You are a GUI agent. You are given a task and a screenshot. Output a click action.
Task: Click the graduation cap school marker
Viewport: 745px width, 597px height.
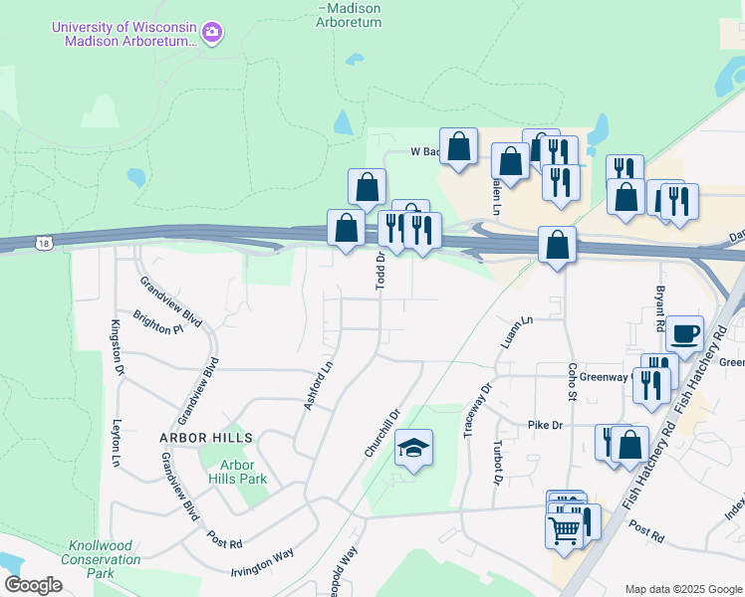click(414, 448)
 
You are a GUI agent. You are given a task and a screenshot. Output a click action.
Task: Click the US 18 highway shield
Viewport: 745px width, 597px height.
click(43, 242)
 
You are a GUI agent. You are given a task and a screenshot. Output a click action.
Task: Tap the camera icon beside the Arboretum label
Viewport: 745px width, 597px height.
click(211, 35)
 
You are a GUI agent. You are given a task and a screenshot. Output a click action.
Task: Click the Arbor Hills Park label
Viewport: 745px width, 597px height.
click(237, 472)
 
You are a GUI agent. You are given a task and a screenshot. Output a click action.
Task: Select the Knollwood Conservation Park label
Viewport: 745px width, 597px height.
click(105, 559)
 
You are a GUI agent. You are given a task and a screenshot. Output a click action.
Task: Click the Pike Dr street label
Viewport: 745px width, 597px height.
click(546, 425)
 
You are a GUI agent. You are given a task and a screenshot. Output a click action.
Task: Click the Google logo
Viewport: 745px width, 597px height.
click(33, 585)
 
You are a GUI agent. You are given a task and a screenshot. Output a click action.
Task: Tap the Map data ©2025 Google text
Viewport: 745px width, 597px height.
click(683, 588)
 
